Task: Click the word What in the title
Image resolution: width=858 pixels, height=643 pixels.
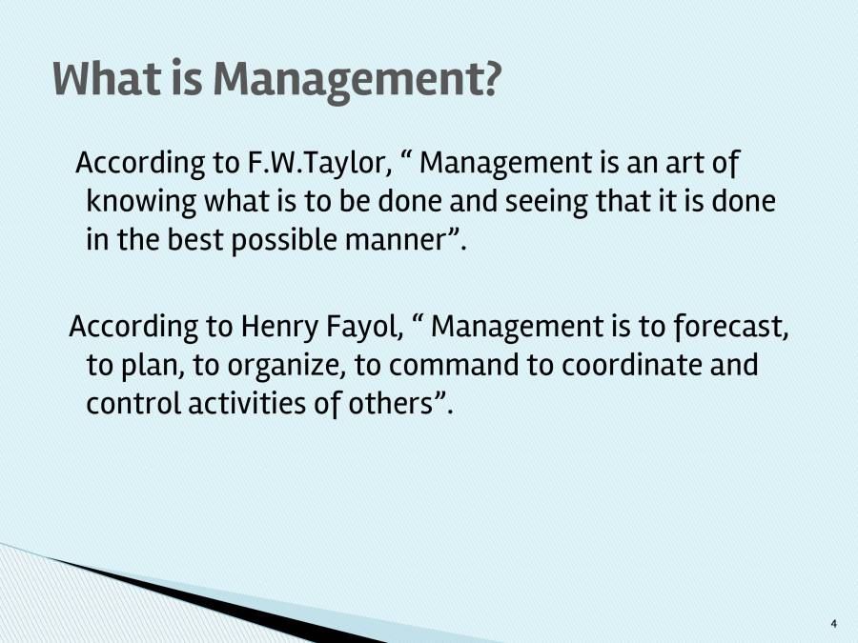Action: pyautogui.click(x=107, y=79)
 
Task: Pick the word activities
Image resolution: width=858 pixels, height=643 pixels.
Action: pyautogui.click(x=237, y=404)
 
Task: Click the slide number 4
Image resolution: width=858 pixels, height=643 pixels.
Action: pyautogui.click(x=834, y=624)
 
